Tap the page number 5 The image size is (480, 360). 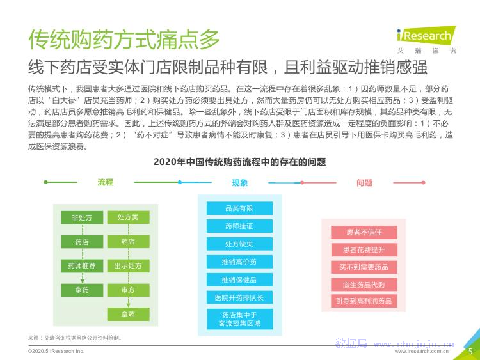point(470,351)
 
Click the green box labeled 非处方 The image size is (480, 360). point(82,217)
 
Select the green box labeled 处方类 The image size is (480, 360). point(128,217)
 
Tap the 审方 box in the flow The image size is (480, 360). point(128,290)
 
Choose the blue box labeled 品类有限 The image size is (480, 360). point(239,208)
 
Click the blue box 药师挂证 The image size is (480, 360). point(239,226)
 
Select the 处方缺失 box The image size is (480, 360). point(239,244)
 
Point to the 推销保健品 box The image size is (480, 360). point(239,280)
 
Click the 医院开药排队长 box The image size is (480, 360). point(239,298)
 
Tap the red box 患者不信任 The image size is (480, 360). point(364,232)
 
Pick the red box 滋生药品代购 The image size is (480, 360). point(364,284)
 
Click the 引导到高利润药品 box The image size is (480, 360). point(364,301)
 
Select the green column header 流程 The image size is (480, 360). point(106,183)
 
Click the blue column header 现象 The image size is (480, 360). point(240,183)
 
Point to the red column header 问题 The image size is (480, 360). point(364,183)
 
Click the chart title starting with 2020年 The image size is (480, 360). point(239,162)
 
